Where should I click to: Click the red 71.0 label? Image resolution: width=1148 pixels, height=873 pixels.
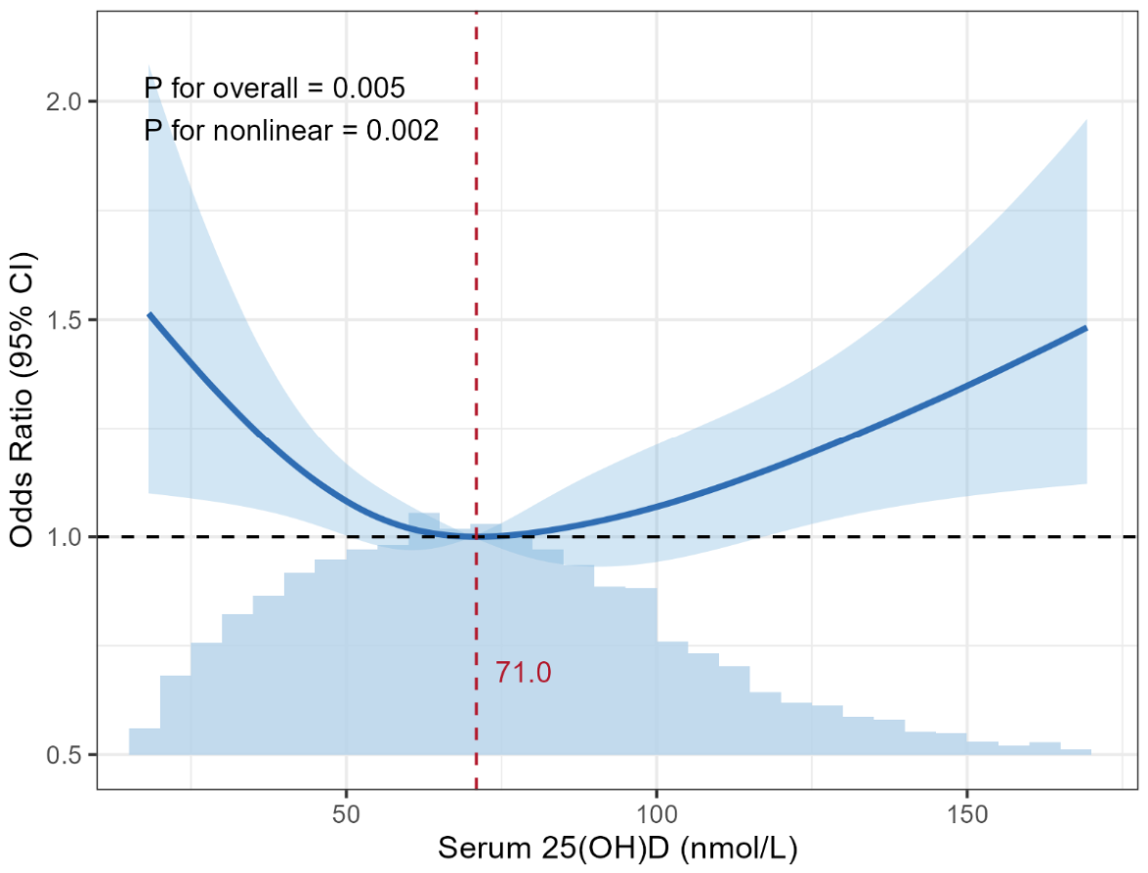(x=523, y=673)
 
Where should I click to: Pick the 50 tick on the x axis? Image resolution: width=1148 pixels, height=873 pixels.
(x=346, y=813)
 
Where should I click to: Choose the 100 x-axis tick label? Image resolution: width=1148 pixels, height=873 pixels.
(x=656, y=813)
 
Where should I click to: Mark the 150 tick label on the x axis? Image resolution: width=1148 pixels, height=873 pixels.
(x=966, y=813)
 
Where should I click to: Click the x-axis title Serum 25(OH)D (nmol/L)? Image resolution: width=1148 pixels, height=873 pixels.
(x=617, y=849)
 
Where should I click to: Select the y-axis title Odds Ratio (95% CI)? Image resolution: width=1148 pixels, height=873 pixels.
(x=21, y=399)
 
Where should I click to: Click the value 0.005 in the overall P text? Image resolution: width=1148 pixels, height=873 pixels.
(x=368, y=88)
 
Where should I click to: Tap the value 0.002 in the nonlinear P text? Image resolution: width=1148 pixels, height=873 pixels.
(x=403, y=131)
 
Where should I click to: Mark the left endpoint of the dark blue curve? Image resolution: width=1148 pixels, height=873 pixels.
(x=149, y=313)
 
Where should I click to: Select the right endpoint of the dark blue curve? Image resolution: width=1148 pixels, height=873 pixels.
(x=1086, y=328)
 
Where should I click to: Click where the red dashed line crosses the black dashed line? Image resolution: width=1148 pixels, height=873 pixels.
(x=476, y=536)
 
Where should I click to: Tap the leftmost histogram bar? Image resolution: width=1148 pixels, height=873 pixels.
(x=145, y=741)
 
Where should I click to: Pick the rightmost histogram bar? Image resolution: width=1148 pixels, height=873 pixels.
(x=1076, y=752)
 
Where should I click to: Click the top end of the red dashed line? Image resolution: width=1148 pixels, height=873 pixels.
(x=476, y=13)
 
